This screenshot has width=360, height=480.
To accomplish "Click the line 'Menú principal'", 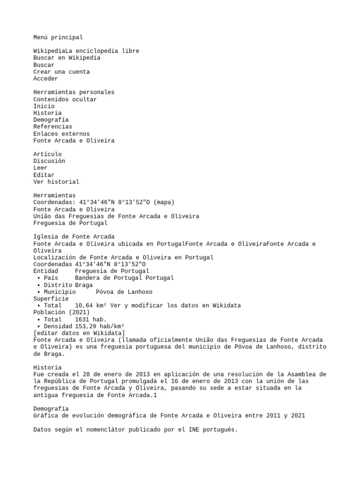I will [58, 37].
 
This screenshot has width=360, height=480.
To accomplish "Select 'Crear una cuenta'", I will [61, 72].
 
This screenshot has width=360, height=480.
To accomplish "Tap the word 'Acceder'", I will [45, 79].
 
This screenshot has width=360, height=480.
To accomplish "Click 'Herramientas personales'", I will [74, 92].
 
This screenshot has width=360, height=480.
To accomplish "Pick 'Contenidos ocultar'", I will [65, 99].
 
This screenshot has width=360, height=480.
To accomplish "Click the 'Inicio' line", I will [44, 106].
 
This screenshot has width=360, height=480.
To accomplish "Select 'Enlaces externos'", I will [61, 134].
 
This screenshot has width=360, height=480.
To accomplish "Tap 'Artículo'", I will [47, 154].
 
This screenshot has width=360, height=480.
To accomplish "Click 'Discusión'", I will [49, 161].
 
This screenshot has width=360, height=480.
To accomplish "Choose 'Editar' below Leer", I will [44, 175].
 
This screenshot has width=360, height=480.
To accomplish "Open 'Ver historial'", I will [56, 182].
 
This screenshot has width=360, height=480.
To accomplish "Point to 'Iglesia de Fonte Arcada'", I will [74, 237].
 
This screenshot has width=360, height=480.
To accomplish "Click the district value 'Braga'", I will [84, 285].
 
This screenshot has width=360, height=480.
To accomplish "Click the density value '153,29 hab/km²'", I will [99, 326].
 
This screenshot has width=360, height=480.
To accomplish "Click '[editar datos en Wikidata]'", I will [79, 333].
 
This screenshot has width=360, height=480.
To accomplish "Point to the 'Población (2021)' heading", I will [61, 312].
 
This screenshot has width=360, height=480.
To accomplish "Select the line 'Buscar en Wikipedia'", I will [67, 58].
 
